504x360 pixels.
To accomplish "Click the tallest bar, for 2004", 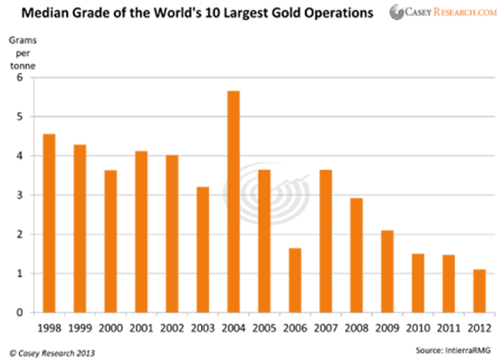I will pos(234,202).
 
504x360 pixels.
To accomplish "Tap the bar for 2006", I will pos(295,280).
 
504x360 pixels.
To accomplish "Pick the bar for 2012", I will pos(480,291).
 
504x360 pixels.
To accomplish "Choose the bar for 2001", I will pos(141,232).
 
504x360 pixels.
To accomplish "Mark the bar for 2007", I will pos(326,241).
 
